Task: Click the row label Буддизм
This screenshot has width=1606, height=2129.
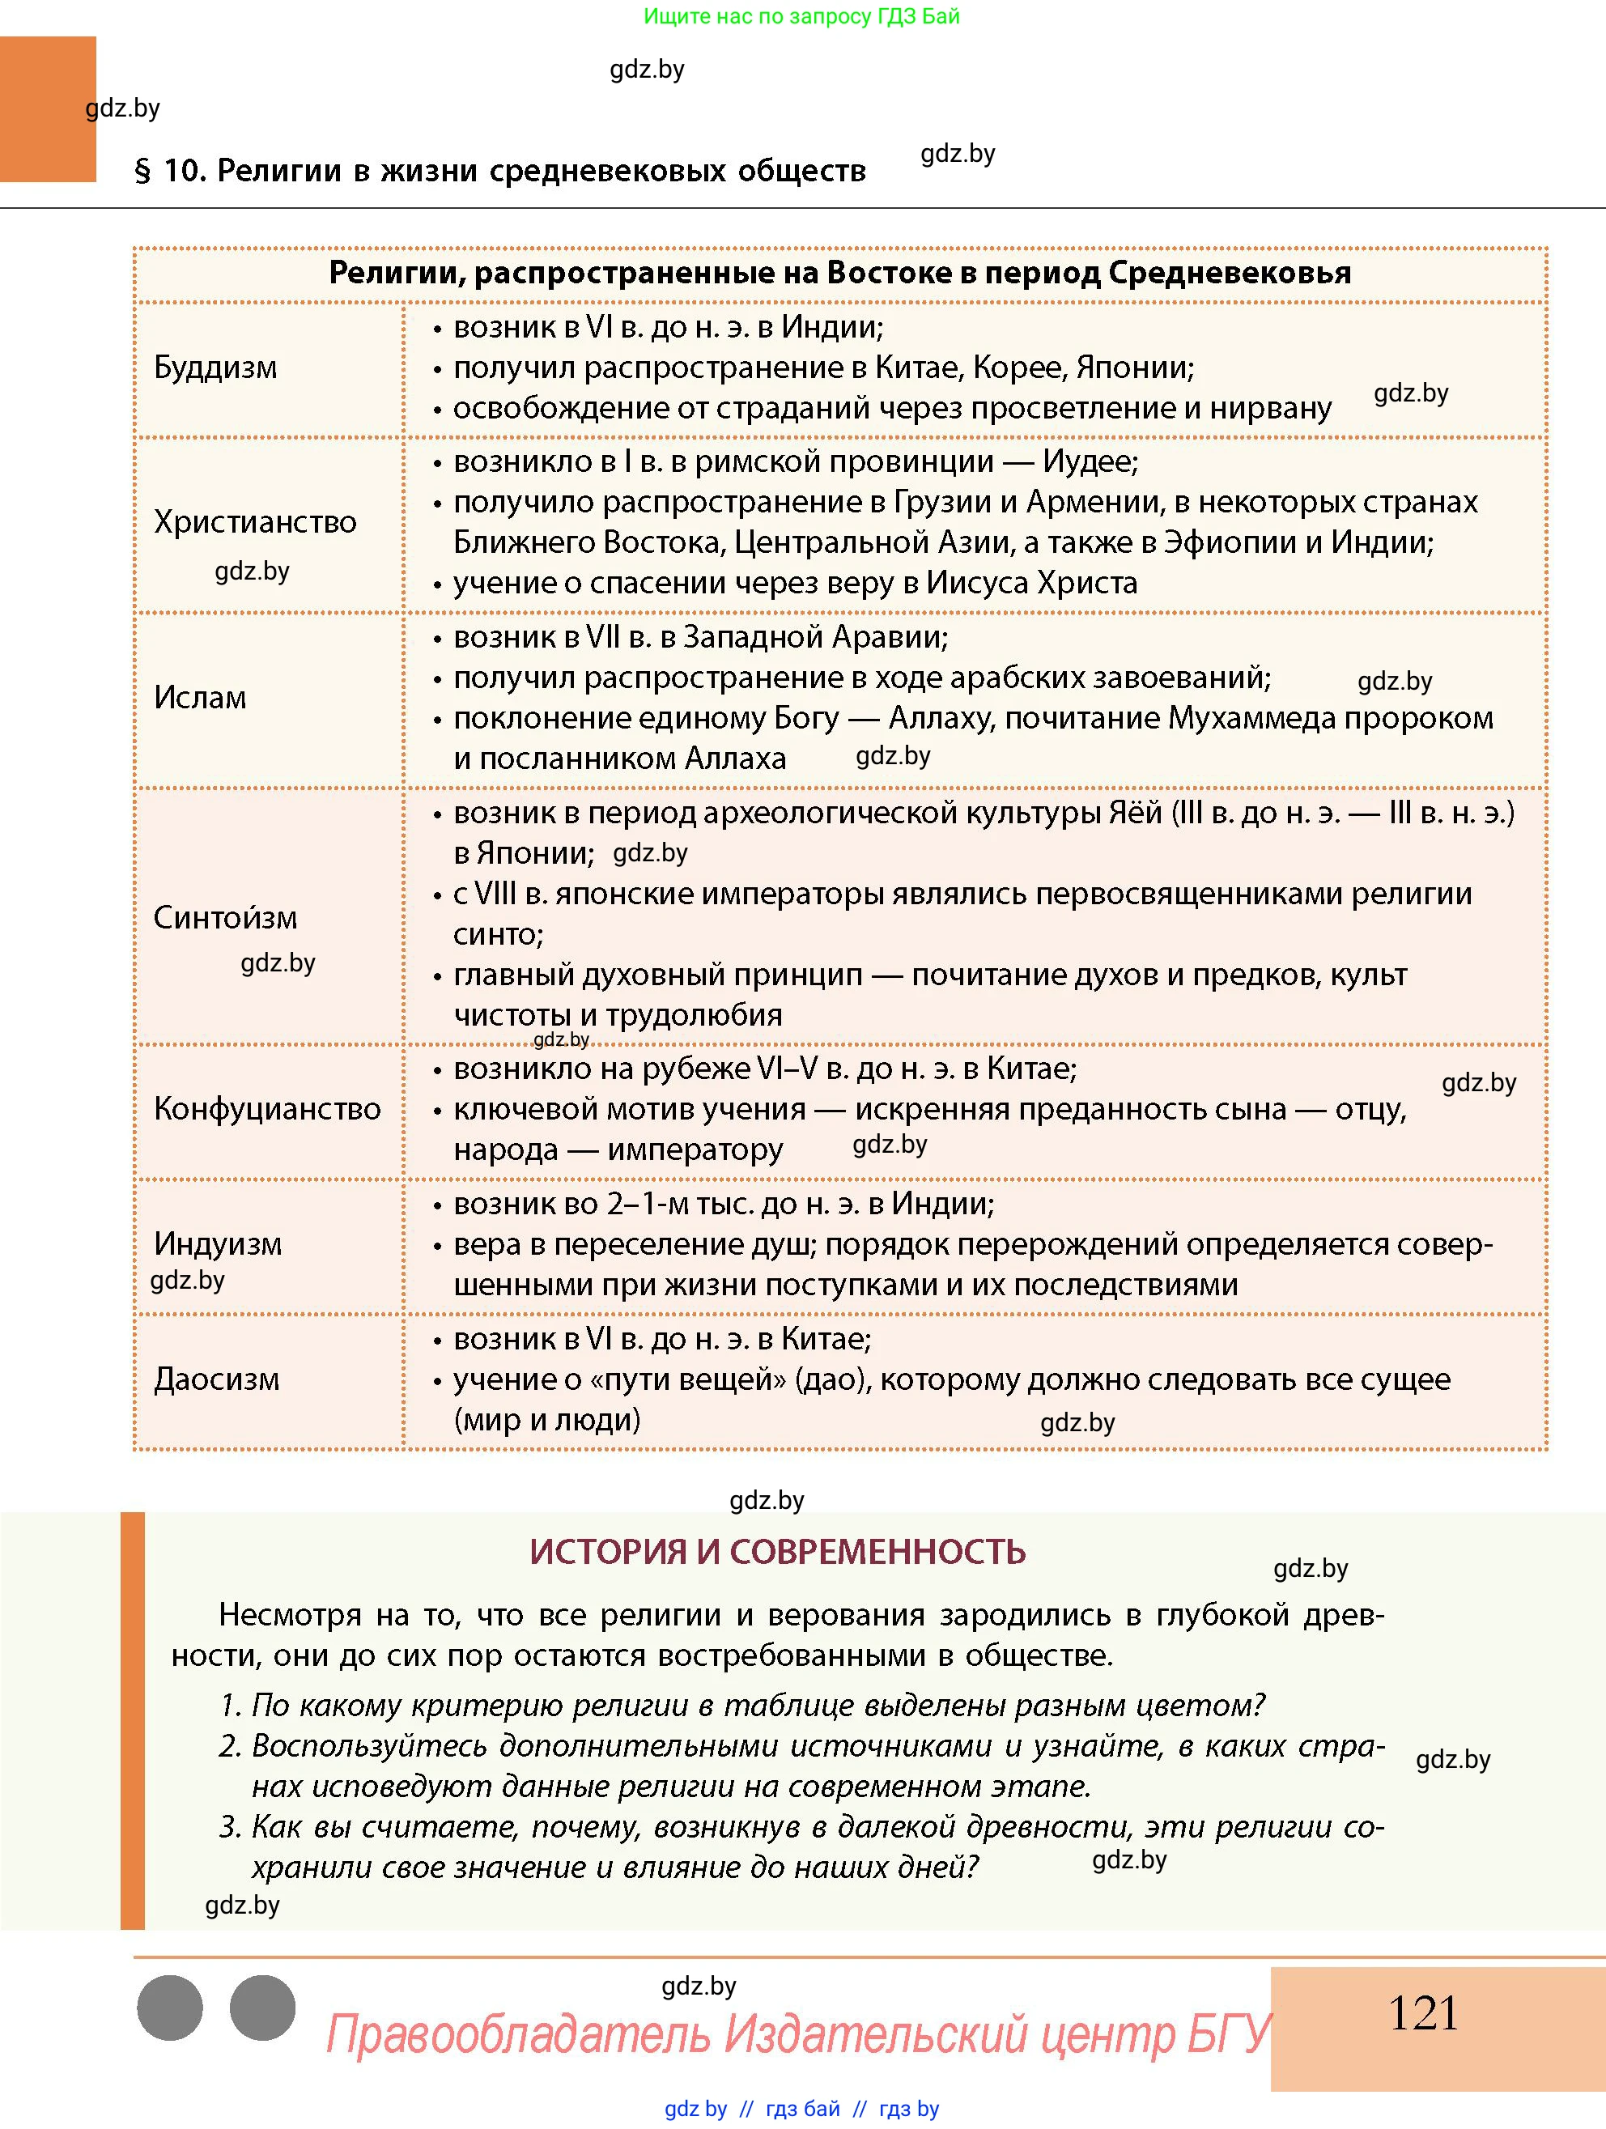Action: pos(215,368)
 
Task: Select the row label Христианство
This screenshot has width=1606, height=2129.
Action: pos(255,521)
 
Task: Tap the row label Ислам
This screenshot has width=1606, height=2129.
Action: pos(200,697)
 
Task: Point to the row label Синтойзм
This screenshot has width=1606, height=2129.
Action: pos(225,917)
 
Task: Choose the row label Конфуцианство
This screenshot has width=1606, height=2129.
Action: pos(267,1109)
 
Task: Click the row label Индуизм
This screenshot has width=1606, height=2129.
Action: pos(219,1243)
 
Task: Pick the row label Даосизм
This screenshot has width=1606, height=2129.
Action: pos(216,1379)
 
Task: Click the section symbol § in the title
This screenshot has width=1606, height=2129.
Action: pos(142,172)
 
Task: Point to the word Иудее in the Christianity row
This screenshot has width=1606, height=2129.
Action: pos(1090,462)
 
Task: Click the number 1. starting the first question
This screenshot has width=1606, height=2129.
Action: pos(231,1706)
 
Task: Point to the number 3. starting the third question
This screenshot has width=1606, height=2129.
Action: pos(231,1827)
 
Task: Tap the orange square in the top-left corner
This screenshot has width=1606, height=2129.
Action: pos(48,108)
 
